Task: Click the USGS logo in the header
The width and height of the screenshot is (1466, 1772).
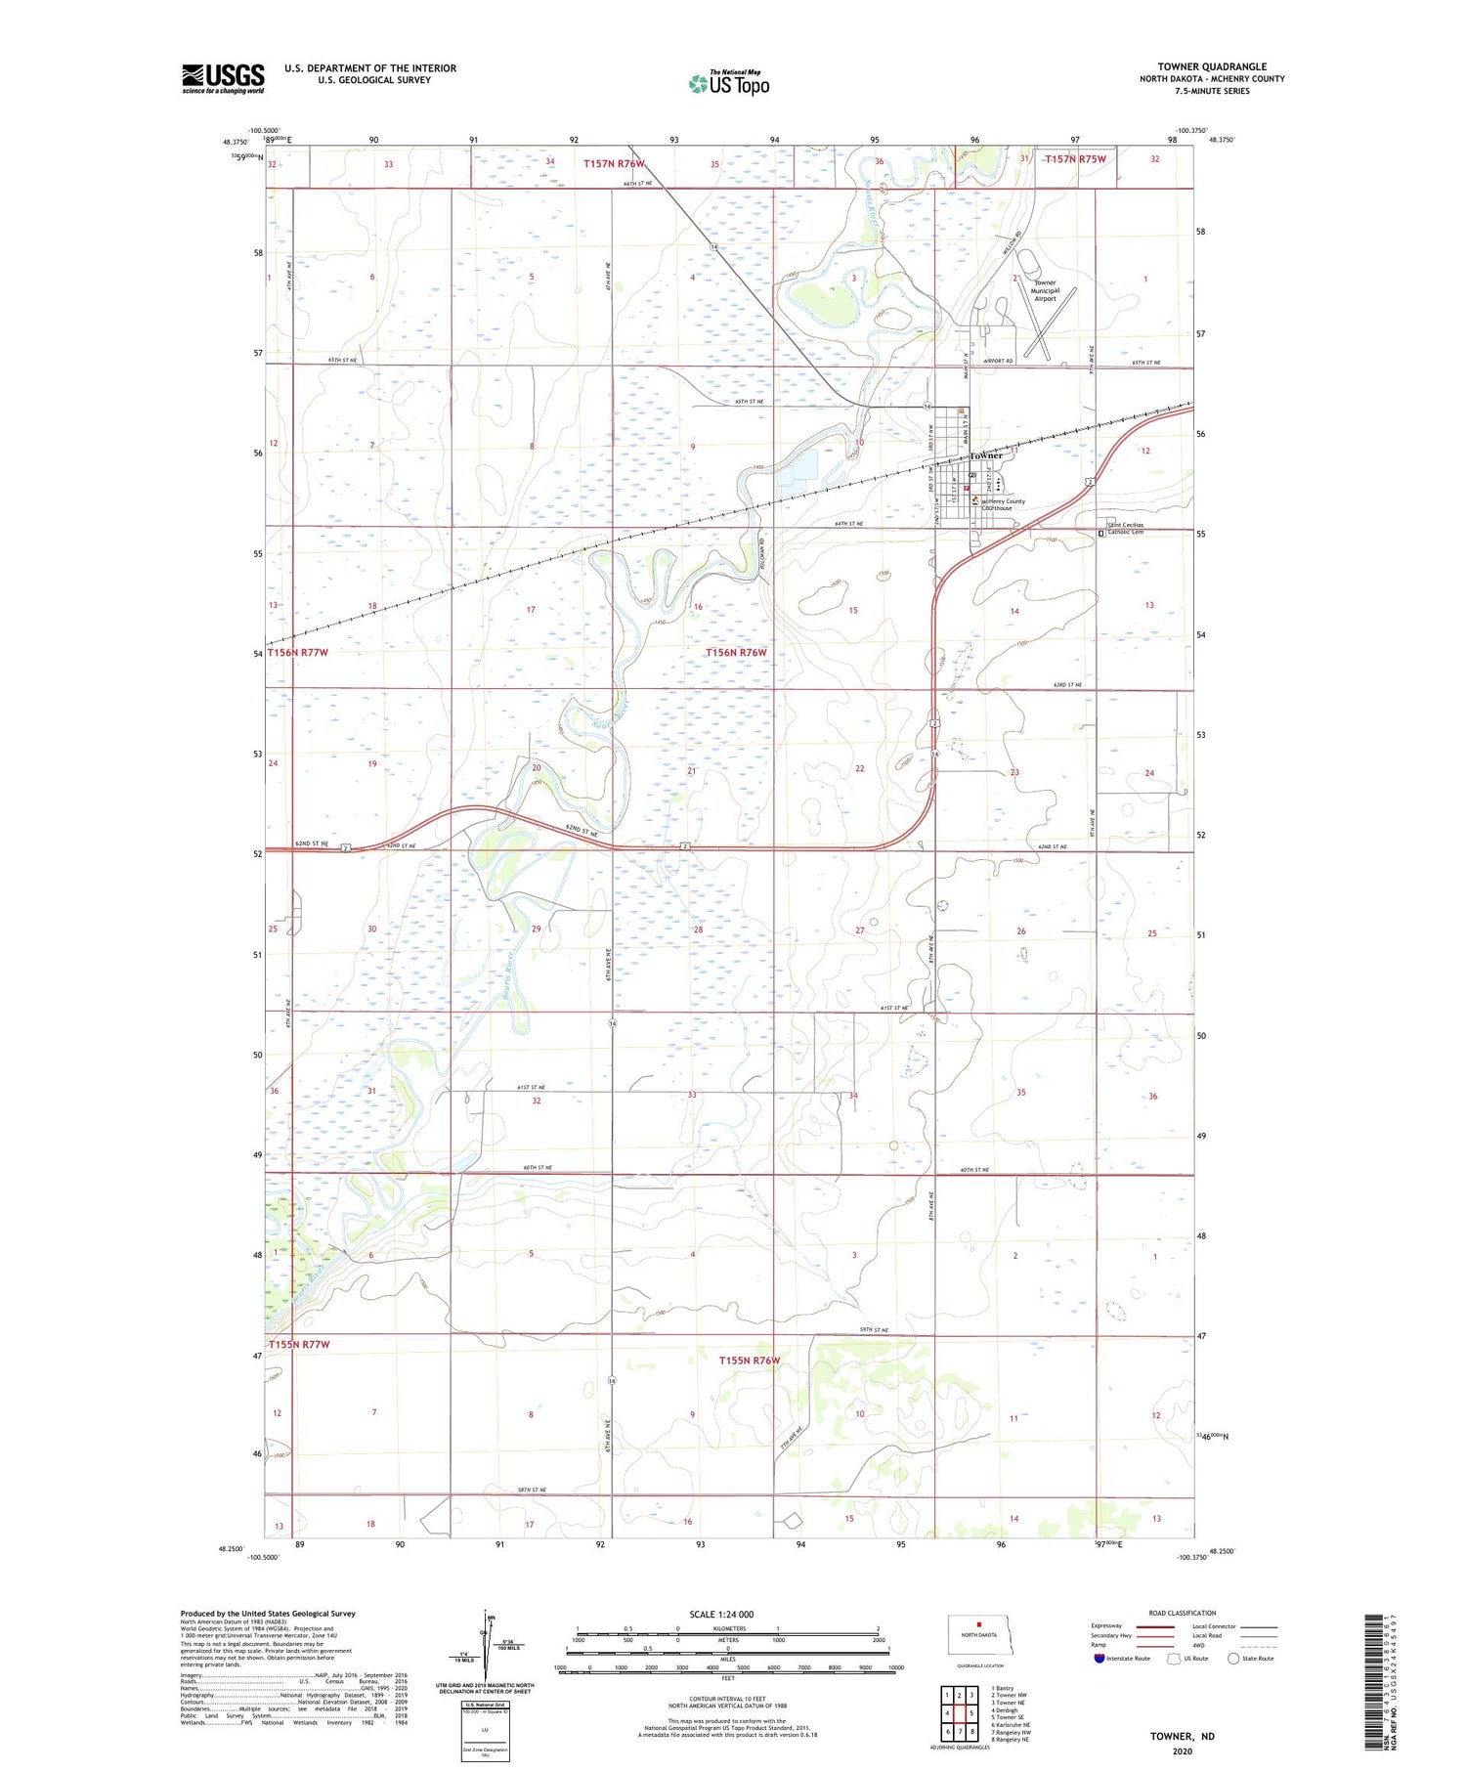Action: coord(223,78)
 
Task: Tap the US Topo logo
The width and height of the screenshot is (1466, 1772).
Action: coord(728,84)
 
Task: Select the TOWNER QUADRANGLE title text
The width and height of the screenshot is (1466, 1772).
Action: coord(1212,66)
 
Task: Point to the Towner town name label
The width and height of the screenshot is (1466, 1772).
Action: coord(986,456)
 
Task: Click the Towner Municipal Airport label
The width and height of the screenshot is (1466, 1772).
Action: coord(1045,290)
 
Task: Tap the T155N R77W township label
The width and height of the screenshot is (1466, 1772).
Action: coord(299,1345)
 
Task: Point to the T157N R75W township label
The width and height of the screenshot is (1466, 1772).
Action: coord(1076,159)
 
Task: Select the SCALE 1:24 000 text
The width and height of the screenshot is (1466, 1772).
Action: coord(721,1614)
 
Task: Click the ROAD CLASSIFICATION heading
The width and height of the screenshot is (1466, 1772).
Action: coord(1183,1613)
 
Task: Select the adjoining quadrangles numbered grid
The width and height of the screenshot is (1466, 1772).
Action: coord(959,1706)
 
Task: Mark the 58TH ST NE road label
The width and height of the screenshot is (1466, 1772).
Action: coord(531,1490)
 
